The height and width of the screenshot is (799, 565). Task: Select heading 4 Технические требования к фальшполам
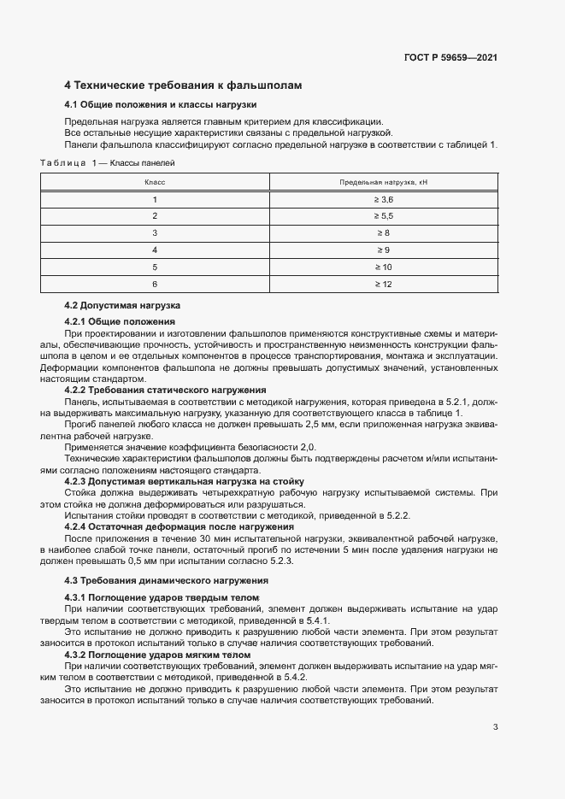pyautogui.click(x=183, y=85)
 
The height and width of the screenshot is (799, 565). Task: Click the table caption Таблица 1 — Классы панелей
pyautogui.click(x=107, y=161)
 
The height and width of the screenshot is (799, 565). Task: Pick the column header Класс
pyautogui.click(x=155, y=182)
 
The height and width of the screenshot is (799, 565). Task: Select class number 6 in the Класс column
pyautogui.click(x=155, y=284)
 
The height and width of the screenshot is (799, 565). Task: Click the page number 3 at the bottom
pyautogui.click(x=496, y=727)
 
